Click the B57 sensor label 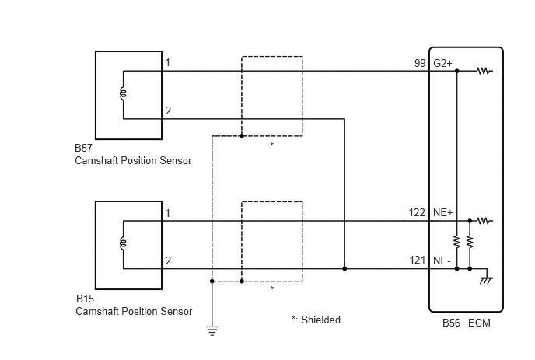coord(83,149)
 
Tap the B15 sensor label coord(83,299)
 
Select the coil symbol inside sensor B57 coord(122,94)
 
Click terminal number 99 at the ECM coord(420,63)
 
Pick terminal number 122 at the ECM coord(417,212)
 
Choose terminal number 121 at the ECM coord(417,260)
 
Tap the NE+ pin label coord(442,212)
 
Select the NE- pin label coord(442,260)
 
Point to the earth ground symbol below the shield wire coord(212,330)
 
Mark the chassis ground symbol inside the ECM coord(485,278)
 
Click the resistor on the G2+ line coord(484,71)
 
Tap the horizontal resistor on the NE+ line coord(484,221)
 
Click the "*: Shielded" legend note coord(316,320)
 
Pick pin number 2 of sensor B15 coord(168,260)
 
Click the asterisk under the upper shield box coord(271,145)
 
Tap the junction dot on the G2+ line coord(456,71)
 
